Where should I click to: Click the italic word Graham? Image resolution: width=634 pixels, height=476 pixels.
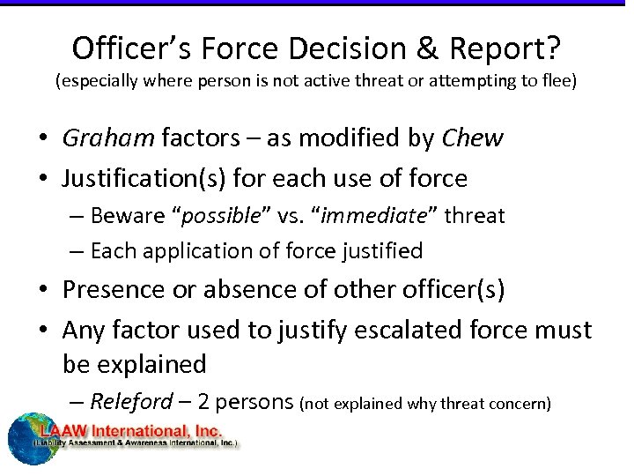[x=107, y=138]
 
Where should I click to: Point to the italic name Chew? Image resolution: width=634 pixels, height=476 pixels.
[x=471, y=138]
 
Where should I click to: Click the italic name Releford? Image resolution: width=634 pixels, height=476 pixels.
[x=132, y=402]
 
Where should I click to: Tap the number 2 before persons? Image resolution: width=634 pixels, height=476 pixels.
[x=203, y=402]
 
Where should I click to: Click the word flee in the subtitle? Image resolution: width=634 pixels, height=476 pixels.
[x=557, y=82]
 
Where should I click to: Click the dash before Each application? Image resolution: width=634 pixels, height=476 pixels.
[x=77, y=251]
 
